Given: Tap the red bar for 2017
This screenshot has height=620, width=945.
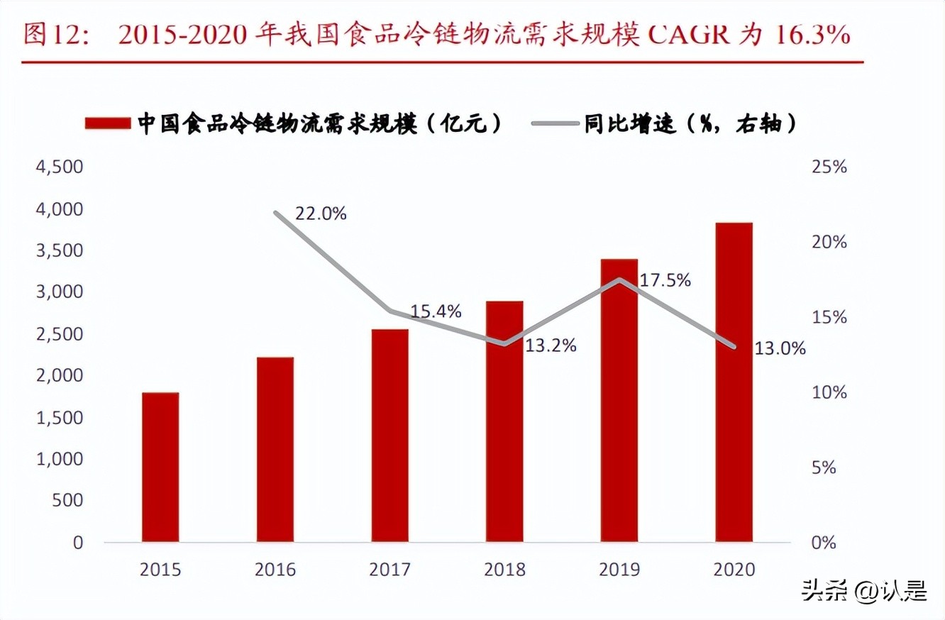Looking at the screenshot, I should [389, 436].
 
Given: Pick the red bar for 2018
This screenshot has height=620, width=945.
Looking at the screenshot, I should [504, 421].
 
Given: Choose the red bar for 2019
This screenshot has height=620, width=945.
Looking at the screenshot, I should [619, 400].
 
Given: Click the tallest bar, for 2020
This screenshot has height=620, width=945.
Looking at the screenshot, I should [734, 382].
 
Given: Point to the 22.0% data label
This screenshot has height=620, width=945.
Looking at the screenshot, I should [320, 214].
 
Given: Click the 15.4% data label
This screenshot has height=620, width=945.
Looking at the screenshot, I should [435, 311].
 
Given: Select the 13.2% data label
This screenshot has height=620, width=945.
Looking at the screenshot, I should [550, 346].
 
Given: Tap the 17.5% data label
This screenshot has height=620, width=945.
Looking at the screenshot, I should [665, 280].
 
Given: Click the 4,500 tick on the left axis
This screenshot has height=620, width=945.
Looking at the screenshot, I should [59, 167].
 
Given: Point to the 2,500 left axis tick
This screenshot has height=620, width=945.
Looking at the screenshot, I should [59, 334].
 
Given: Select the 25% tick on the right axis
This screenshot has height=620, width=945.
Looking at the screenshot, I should [829, 167].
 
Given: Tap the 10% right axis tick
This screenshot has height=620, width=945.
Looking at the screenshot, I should [829, 392].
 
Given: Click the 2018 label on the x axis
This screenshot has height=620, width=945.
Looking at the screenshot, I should [504, 570].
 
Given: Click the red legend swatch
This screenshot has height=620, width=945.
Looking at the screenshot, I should [108, 123].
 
